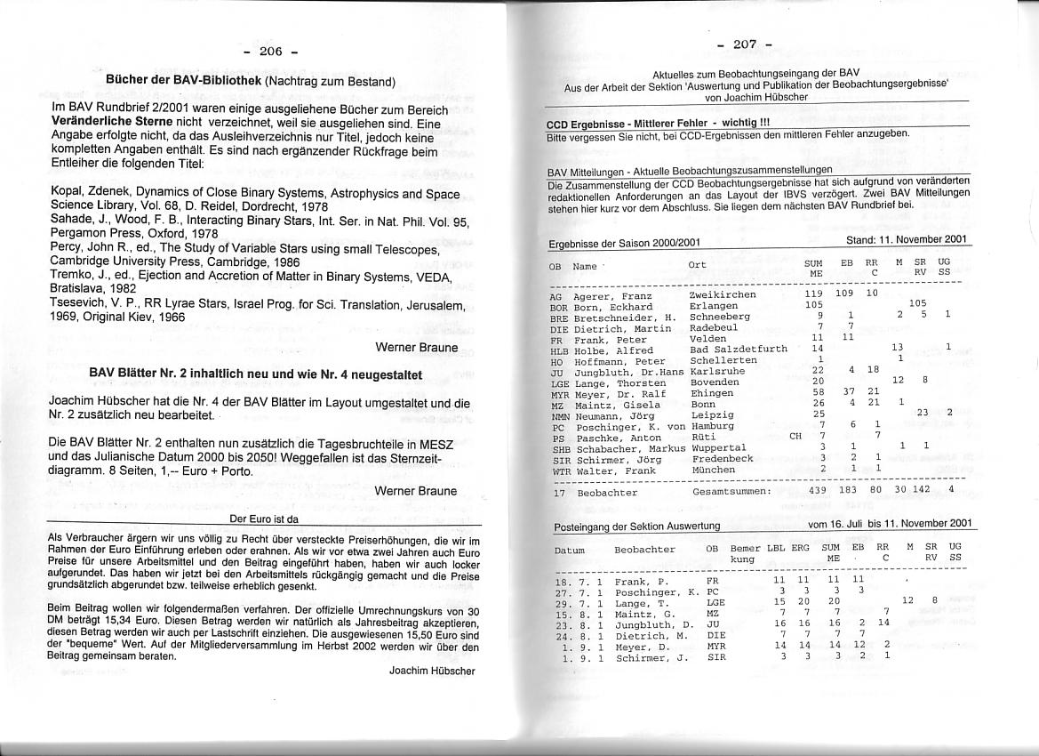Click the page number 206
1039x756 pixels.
coord(270,51)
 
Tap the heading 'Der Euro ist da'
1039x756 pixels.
coord(264,519)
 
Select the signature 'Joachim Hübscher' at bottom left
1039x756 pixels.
coord(432,672)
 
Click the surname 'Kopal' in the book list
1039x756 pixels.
coord(68,193)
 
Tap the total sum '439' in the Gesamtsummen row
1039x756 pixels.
coord(818,490)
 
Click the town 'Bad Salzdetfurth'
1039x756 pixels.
coord(738,350)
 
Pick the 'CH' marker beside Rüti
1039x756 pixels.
coord(796,437)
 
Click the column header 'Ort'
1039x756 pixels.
coord(697,265)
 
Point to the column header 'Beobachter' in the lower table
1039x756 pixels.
coord(644,550)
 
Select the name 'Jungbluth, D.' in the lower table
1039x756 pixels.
coord(648,624)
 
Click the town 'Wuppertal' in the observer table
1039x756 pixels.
coord(717,447)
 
